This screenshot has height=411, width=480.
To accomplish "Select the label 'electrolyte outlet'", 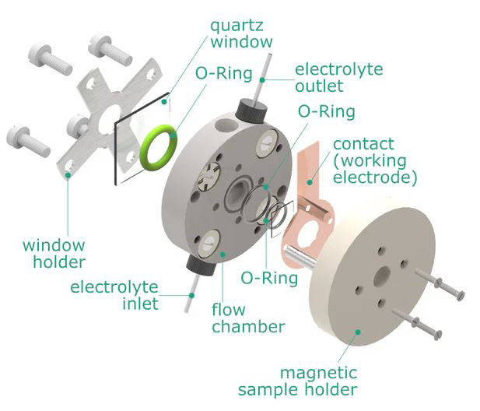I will coord(338,77).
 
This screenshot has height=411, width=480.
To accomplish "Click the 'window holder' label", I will coord(54,253).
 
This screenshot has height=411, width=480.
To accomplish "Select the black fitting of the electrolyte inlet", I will coord(200,267).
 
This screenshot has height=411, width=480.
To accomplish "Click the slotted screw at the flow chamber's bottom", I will coord(208,248).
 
